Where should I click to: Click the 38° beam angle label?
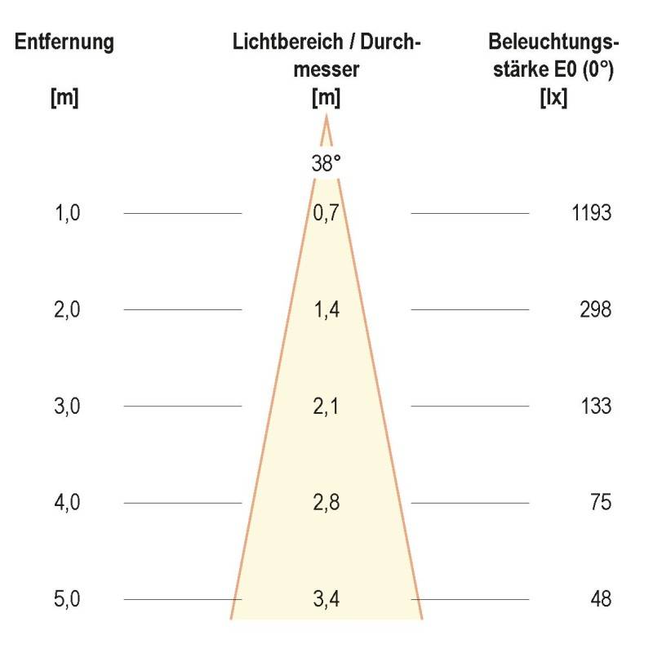click(x=326, y=163)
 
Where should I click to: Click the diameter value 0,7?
click(x=326, y=214)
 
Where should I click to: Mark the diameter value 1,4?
click(x=326, y=310)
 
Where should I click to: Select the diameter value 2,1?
click(x=326, y=406)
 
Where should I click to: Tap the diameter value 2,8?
click(x=326, y=502)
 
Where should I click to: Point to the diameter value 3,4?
click(x=326, y=599)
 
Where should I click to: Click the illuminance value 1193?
click(x=592, y=214)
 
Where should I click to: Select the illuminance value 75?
click(x=601, y=502)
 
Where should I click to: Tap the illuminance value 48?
click(x=601, y=599)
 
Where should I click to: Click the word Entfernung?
click(x=64, y=42)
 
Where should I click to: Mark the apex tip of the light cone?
click(x=326, y=117)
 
